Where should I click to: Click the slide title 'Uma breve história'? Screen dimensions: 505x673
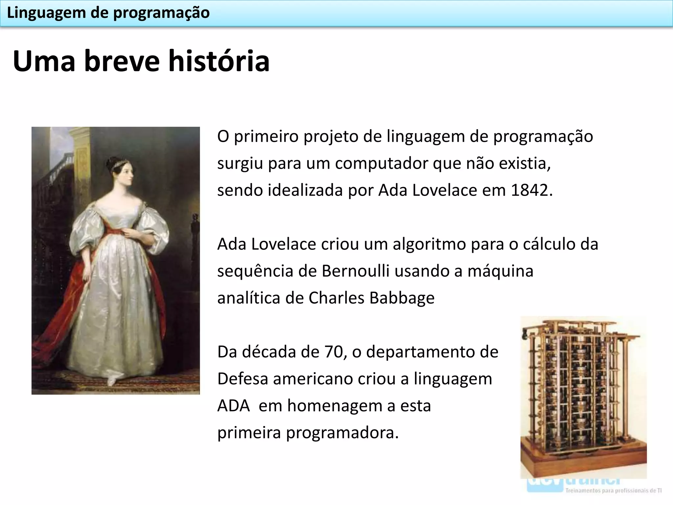click(141, 61)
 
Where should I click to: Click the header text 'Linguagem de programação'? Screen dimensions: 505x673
click(108, 13)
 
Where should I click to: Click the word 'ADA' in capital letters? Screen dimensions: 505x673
click(233, 406)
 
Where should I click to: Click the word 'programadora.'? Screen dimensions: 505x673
click(342, 433)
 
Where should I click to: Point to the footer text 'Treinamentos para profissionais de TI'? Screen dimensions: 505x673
click(613, 491)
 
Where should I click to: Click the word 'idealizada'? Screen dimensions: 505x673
click(305, 190)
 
